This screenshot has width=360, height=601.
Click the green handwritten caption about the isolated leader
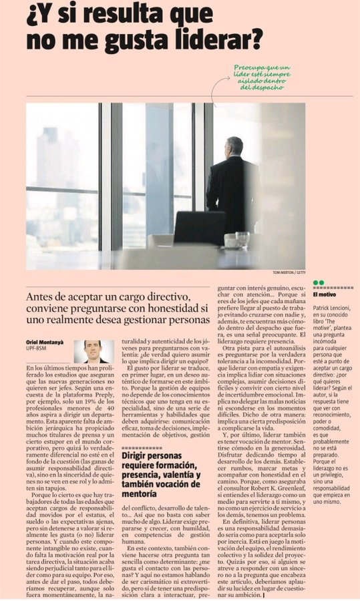[x=262, y=77]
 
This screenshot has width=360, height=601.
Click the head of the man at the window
[x=234, y=146]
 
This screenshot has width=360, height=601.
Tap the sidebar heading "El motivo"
[x=325, y=294]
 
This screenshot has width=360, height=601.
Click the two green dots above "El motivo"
[x=318, y=283]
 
